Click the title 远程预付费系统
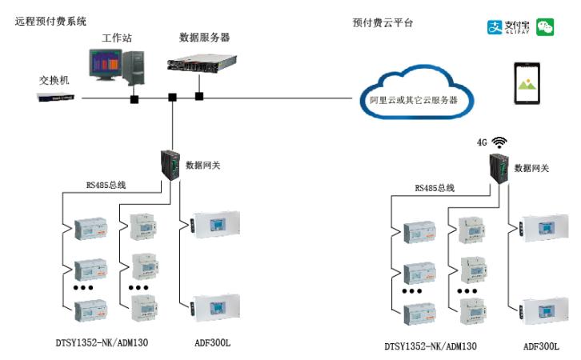tap(50, 21)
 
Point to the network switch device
tap(58, 98)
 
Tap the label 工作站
tap(117, 38)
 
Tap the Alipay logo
tap(508, 27)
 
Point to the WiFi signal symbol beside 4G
tap(500, 142)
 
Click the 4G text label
tap(482, 143)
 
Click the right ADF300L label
tap(541, 346)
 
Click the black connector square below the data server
tap(199, 97)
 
